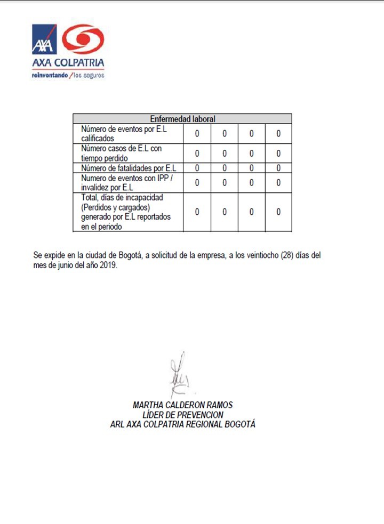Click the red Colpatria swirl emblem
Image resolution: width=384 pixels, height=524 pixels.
pos(83,39)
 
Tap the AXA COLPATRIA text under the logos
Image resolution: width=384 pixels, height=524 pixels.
pos(68,63)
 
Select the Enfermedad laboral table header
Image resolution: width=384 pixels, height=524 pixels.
pos(182,119)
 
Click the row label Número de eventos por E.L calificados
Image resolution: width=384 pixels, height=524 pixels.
pos(120,133)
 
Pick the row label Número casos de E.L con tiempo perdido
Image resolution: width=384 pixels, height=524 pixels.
pos(121,153)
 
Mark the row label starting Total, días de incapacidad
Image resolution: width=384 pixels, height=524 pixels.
pos(122,212)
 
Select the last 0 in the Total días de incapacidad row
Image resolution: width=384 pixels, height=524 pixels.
pos(278,212)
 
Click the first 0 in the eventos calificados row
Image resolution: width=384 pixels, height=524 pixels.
pos(197,133)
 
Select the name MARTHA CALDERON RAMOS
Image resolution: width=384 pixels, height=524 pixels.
pos(182,405)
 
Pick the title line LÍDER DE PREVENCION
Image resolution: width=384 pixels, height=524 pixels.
pos(183,415)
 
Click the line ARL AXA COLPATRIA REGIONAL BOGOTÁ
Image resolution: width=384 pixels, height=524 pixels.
pos(182,425)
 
